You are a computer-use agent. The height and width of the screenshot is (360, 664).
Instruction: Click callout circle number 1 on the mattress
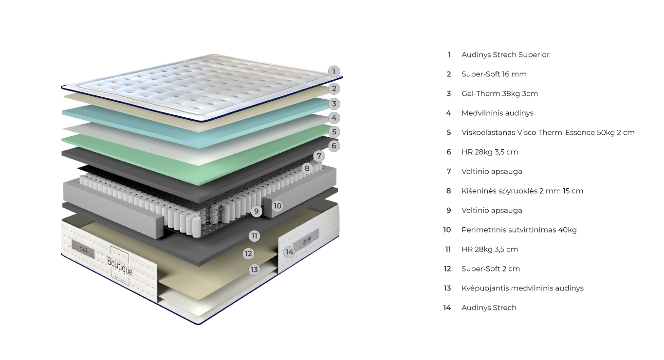click(x=333, y=72)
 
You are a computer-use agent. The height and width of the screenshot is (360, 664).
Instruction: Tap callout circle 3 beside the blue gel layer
click(x=333, y=104)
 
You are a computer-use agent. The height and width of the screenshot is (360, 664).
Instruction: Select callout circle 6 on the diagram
click(x=333, y=145)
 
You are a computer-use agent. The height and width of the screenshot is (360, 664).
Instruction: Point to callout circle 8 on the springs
click(x=307, y=168)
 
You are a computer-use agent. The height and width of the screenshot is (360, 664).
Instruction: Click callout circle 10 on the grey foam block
click(x=277, y=206)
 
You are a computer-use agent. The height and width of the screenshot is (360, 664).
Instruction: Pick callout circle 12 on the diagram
click(x=249, y=253)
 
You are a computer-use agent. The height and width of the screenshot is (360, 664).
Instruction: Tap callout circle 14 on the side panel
click(x=289, y=252)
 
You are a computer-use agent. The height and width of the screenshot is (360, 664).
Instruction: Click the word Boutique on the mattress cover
click(x=119, y=262)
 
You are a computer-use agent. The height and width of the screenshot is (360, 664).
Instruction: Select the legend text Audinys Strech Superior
click(x=505, y=55)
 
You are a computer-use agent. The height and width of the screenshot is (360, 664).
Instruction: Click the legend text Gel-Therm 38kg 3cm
click(x=499, y=94)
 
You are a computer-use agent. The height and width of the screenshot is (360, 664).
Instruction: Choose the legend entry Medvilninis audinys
click(x=497, y=113)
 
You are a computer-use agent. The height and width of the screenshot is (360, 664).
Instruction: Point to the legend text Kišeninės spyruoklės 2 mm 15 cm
click(x=522, y=191)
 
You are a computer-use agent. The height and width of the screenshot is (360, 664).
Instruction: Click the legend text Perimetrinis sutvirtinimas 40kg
click(x=519, y=230)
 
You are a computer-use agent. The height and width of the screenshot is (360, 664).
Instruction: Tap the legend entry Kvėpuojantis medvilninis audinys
click(x=522, y=288)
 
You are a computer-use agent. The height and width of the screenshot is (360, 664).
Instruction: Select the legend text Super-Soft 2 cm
click(x=491, y=269)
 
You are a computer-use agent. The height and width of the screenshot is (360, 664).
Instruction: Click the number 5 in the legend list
click(x=449, y=133)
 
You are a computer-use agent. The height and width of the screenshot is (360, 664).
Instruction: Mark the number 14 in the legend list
click(x=447, y=308)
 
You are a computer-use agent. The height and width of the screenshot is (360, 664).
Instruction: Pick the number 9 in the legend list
click(x=449, y=211)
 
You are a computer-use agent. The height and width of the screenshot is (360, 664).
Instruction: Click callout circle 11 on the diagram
click(x=254, y=236)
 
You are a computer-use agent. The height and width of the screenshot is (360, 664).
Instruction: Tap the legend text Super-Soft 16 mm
click(x=494, y=74)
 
